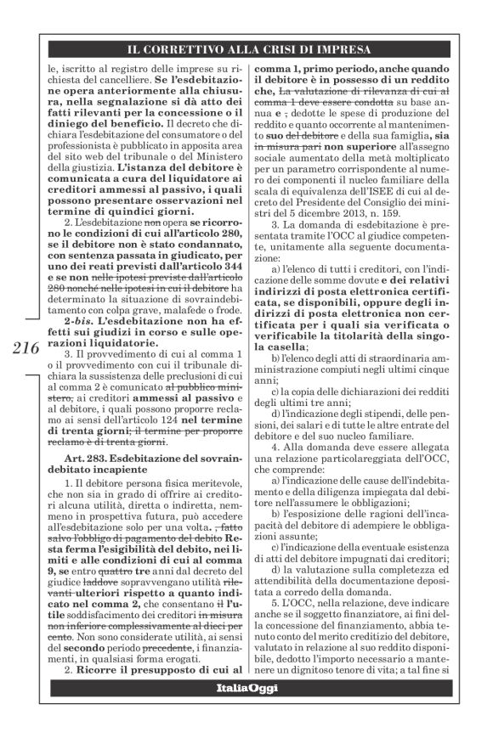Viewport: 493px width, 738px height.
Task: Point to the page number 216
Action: click(27, 348)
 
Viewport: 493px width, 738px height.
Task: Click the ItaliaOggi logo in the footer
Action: click(246, 709)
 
